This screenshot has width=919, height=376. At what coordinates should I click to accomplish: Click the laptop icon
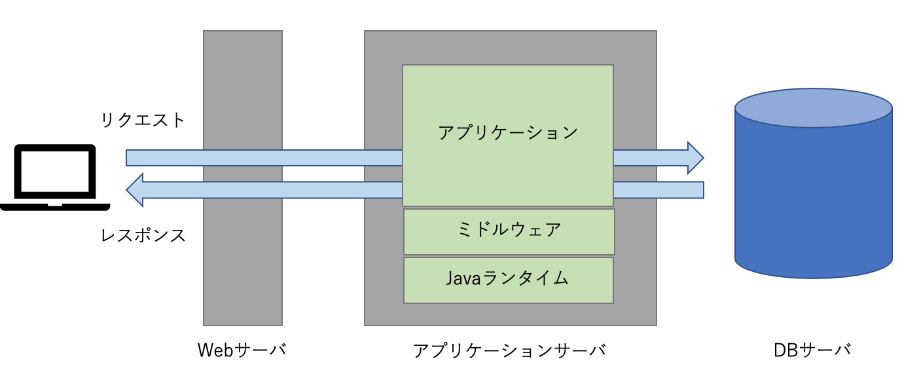(x=54, y=177)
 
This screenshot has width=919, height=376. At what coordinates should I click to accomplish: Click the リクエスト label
(x=143, y=121)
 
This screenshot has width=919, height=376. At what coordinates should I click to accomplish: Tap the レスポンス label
(x=143, y=235)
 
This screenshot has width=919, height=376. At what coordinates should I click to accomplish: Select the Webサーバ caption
(x=242, y=350)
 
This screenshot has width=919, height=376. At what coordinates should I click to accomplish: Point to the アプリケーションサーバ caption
(x=509, y=350)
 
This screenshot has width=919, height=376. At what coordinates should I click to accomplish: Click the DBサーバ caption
(x=812, y=350)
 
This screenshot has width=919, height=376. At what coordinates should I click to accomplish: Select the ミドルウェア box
(x=509, y=231)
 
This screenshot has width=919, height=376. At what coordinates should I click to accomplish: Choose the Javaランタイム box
(x=508, y=280)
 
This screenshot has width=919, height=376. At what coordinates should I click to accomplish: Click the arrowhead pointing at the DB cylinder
(x=694, y=158)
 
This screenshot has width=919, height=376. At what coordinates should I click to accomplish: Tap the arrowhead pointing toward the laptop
(x=135, y=190)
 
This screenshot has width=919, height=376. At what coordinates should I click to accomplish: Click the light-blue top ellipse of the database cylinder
(x=813, y=108)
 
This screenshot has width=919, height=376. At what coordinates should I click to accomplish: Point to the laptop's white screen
(x=54, y=172)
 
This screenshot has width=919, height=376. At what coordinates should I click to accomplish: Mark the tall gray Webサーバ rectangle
(x=242, y=262)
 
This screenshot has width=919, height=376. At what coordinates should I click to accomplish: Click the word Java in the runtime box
(x=463, y=278)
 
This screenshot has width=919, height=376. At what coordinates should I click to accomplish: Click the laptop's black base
(x=54, y=206)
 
